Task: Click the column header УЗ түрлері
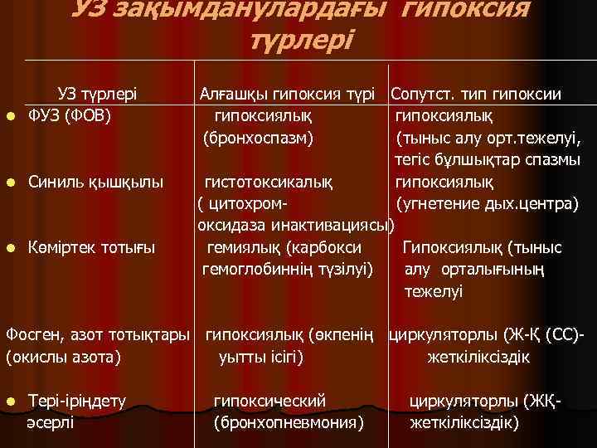96,94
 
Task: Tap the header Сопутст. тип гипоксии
476,94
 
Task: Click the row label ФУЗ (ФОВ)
70,114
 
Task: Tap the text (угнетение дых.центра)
488,202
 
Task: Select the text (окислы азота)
64,358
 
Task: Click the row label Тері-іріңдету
77,402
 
